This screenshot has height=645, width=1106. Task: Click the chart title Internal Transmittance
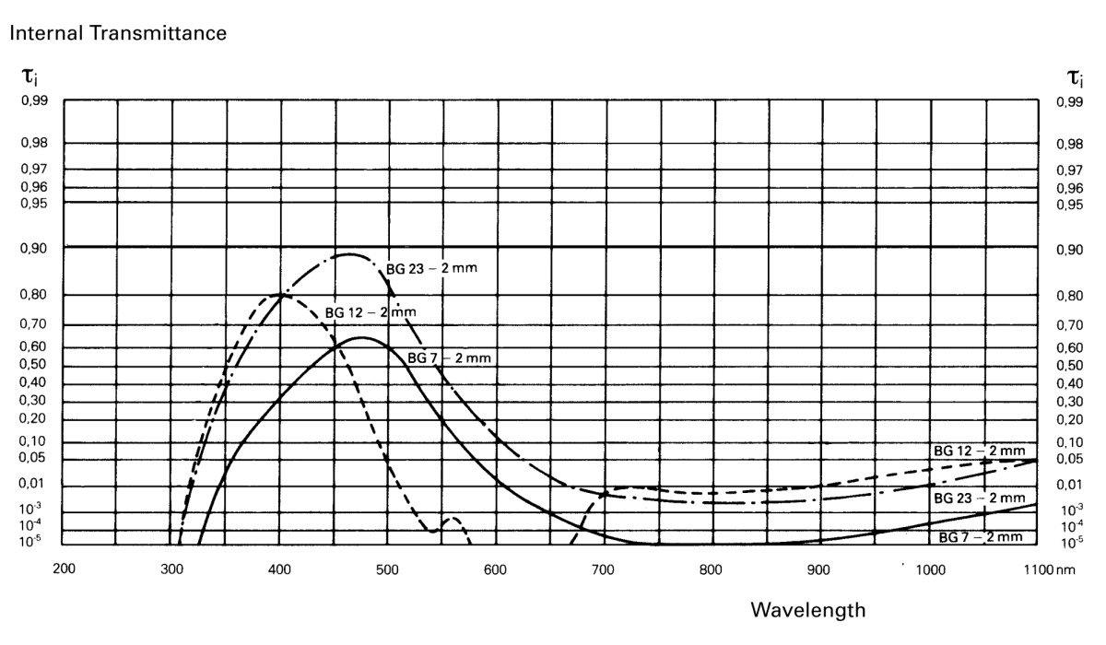pyautogui.click(x=119, y=34)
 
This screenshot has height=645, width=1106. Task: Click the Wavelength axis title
pyautogui.click(x=808, y=609)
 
